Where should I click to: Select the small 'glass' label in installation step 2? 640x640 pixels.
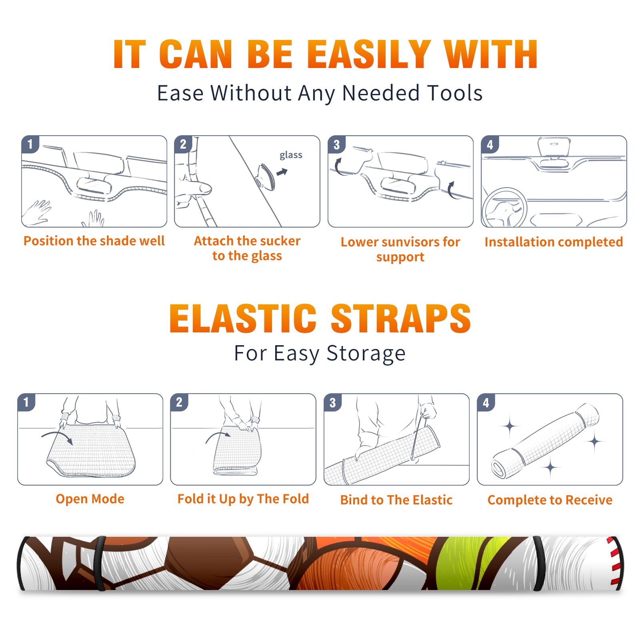pyautogui.click(x=291, y=155)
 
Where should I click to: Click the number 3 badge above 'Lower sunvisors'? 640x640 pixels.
pyautogui.click(x=336, y=144)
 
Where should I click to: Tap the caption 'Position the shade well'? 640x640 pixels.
pyautogui.click(x=94, y=241)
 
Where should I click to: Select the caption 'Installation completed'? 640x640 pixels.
pyautogui.click(x=554, y=242)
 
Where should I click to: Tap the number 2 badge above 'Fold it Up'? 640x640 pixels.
pyautogui.click(x=179, y=402)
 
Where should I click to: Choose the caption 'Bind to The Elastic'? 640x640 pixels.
pyautogui.click(x=396, y=500)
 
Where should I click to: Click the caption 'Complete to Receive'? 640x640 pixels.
pyautogui.click(x=550, y=500)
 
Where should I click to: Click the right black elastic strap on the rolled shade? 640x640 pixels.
pyautogui.click(x=539, y=563)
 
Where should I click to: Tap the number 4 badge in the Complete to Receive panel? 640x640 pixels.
pyautogui.click(x=486, y=402)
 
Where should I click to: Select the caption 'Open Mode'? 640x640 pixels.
pyautogui.click(x=90, y=499)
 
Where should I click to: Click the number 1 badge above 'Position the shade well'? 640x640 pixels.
pyautogui.click(x=30, y=144)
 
